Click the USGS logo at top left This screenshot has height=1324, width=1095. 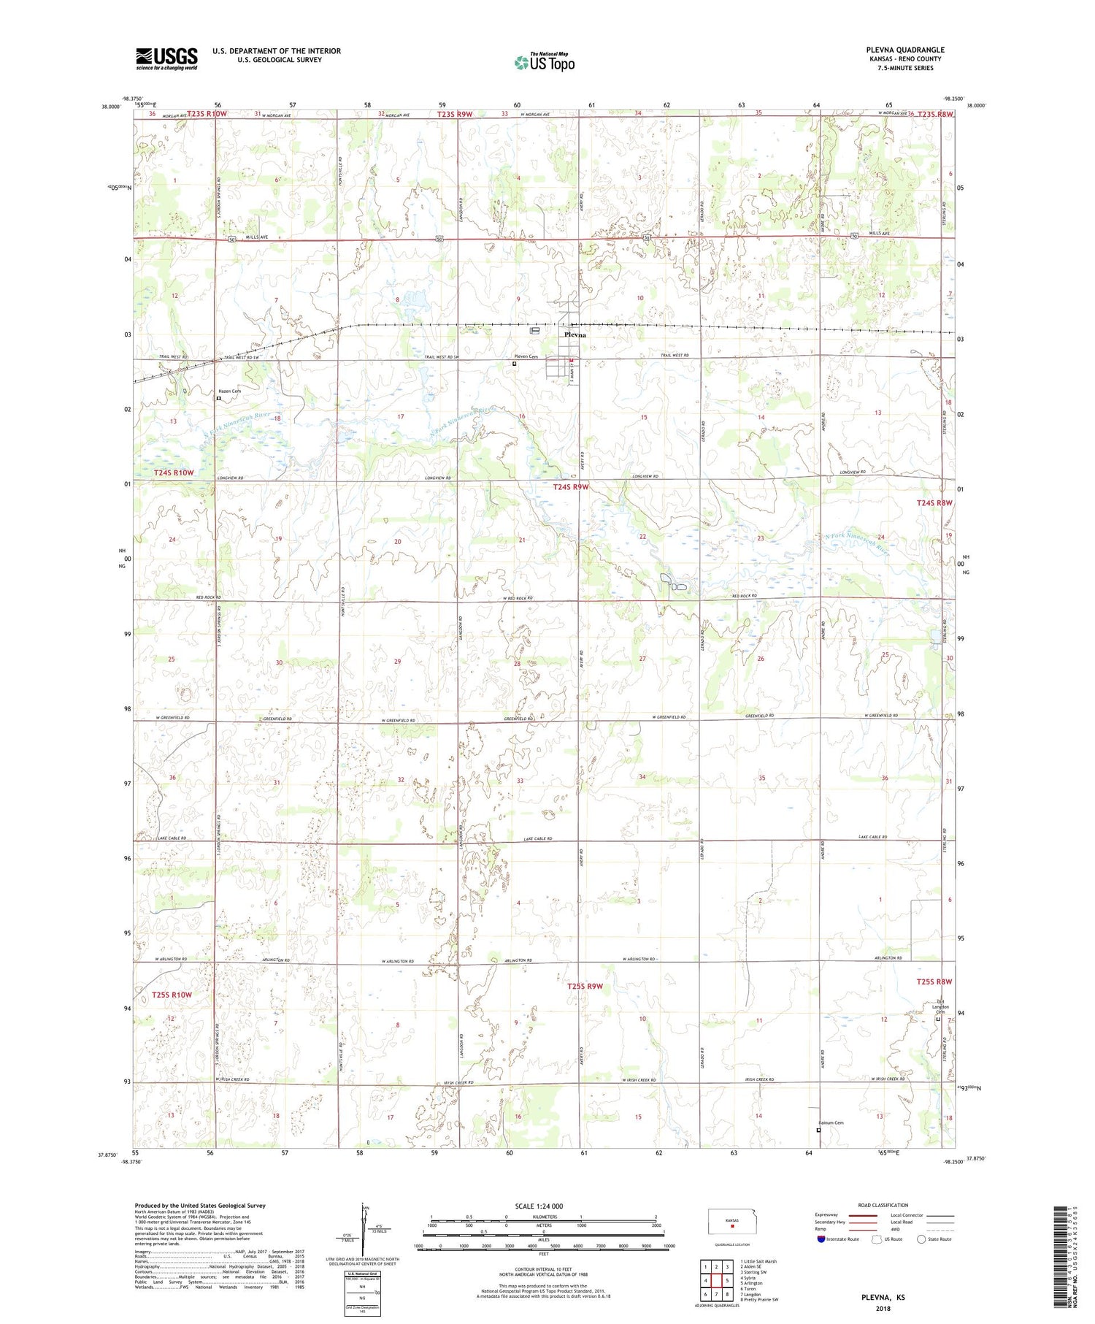(166, 58)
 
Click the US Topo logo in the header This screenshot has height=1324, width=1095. (544, 62)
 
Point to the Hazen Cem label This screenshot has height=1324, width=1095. (229, 391)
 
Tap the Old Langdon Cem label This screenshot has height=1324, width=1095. (940, 1006)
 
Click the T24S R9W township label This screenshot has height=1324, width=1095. (570, 486)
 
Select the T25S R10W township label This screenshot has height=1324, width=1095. (172, 995)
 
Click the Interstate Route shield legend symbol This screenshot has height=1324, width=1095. (821, 1239)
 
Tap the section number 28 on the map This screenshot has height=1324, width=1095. (517, 664)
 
